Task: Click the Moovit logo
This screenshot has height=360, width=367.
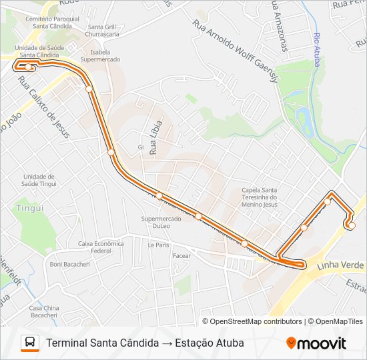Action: pyautogui.click(x=316, y=343)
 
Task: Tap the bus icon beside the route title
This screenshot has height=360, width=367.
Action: pyautogui.click(x=30, y=343)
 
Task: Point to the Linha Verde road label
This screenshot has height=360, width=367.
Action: pyautogui.click(x=341, y=265)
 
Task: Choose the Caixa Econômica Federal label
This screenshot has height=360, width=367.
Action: pyautogui.click(x=101, y=247)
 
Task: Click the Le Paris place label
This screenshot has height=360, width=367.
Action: pyautogui.click(x=159, y=245)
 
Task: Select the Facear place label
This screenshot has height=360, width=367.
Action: pyautogui.click(x=181, y=255)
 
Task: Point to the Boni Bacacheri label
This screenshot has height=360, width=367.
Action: pyautogui.click(x=69, y=264)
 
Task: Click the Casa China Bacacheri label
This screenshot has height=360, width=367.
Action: pyautogui.click(x=44, y=311)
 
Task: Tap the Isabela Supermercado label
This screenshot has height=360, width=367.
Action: pyautogui.click(x=100, y=55)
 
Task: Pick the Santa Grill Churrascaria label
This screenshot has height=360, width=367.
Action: pyautogui.click(x=103, y=31)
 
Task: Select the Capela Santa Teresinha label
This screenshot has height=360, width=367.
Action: pyautogui.click(x=264, y=197)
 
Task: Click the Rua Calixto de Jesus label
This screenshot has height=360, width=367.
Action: pyautogui.click(x=43, y=105)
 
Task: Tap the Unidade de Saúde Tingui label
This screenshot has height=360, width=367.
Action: pyautogui.click(x=38, y=180)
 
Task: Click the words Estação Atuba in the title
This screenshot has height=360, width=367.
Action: pyautogui.click(x=209, y=343)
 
